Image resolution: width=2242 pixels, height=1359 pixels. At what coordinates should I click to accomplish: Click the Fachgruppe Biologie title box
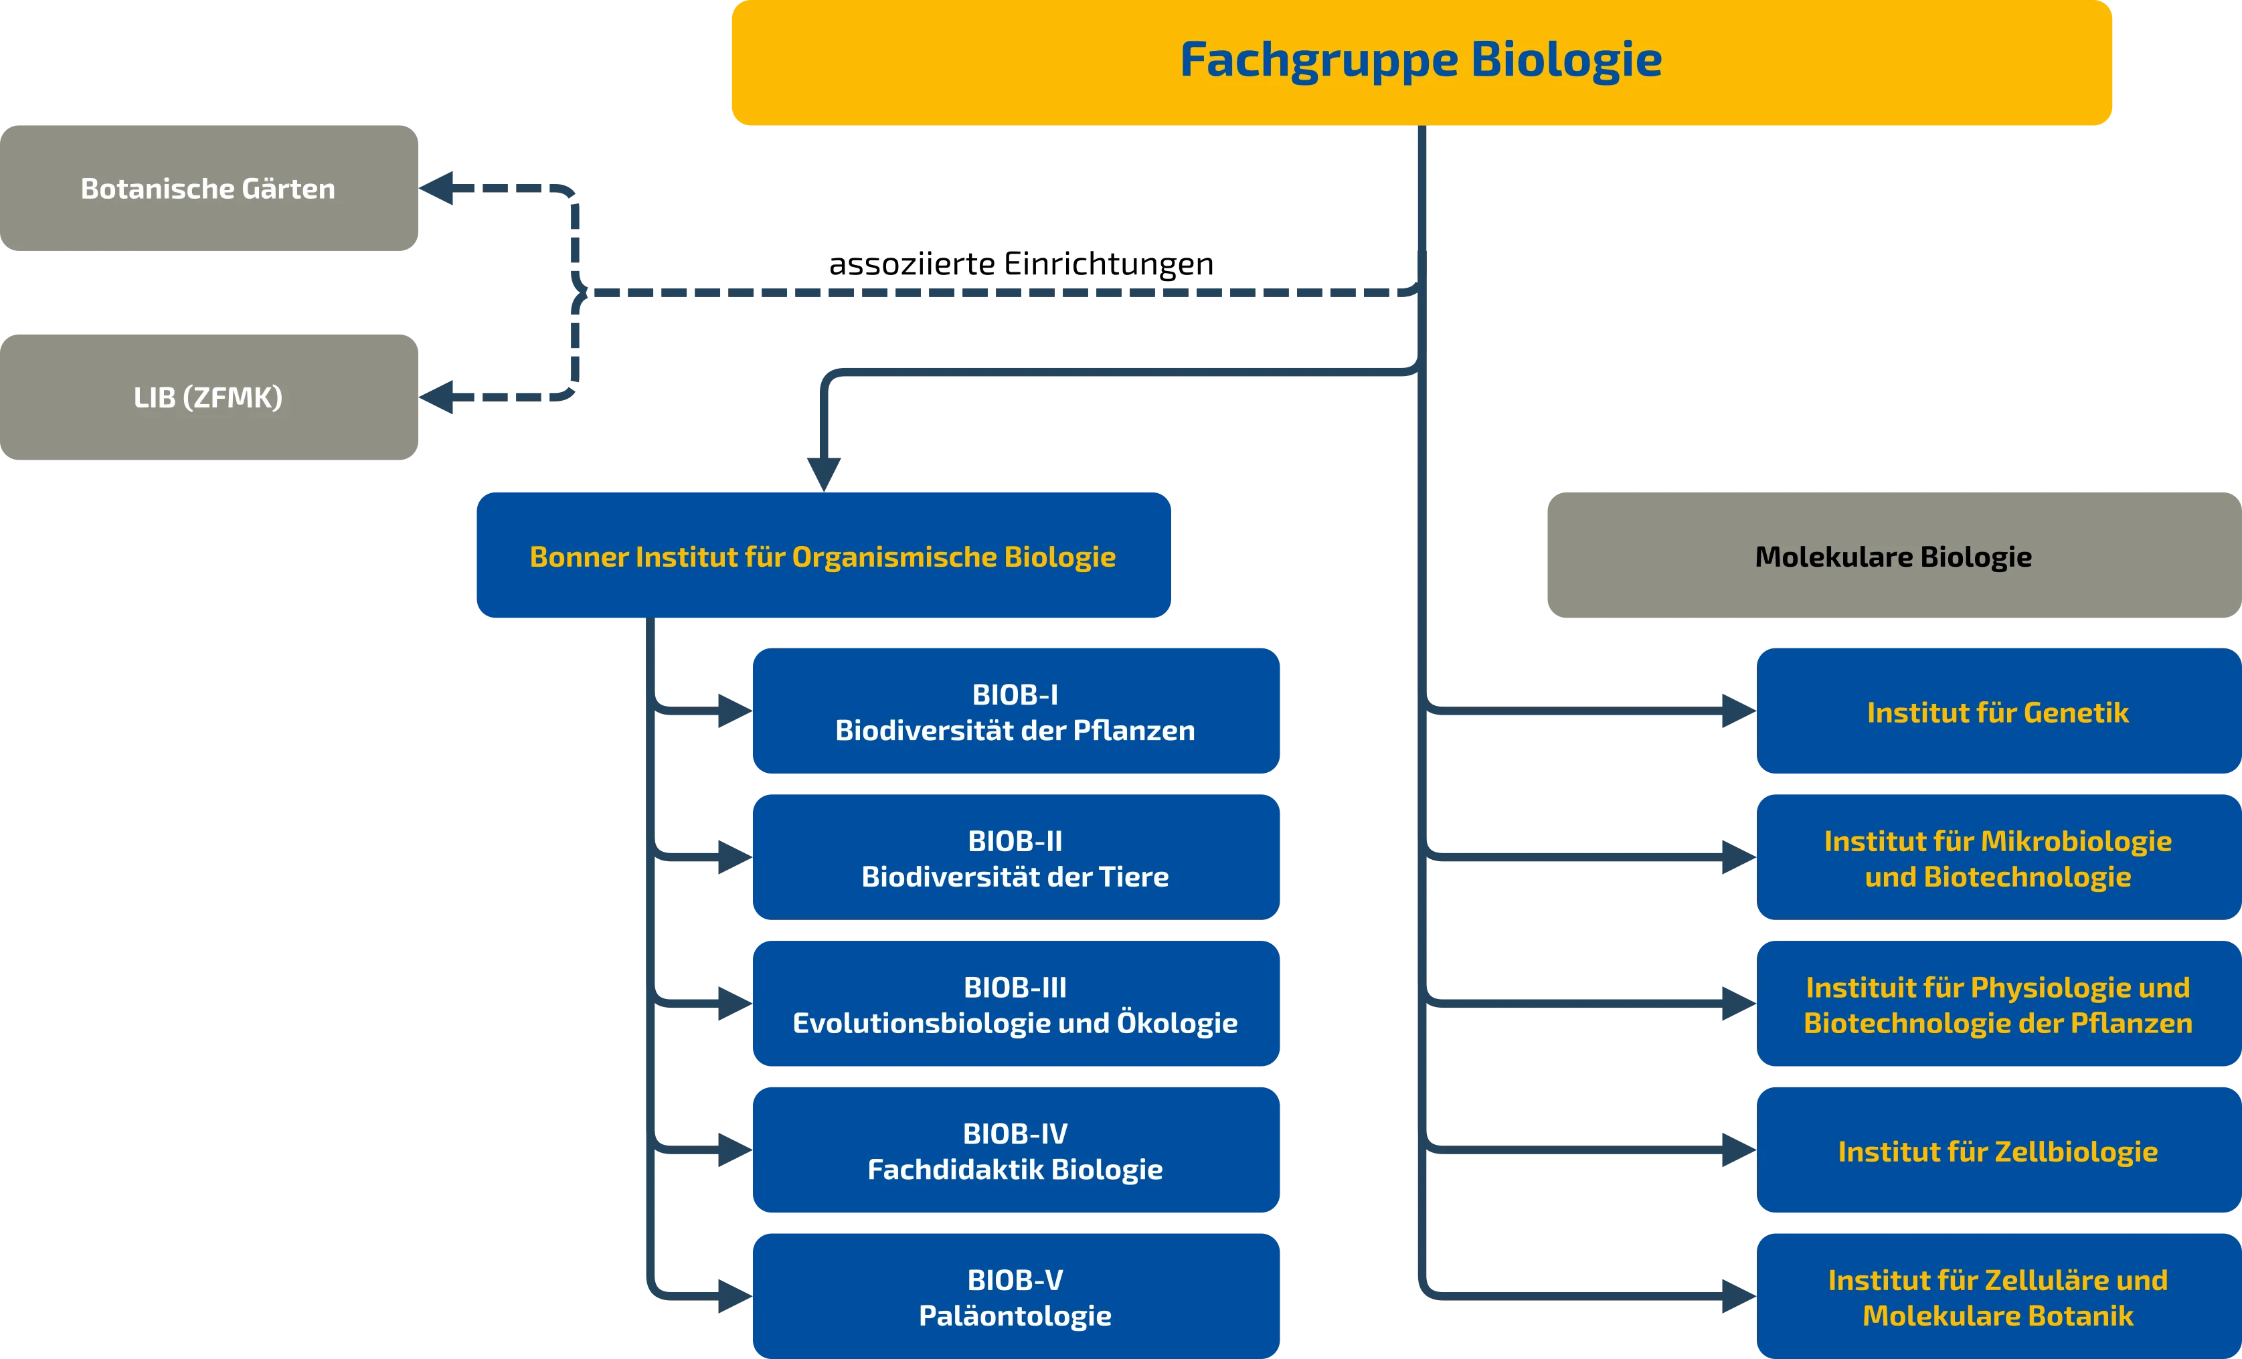click(1420, 62)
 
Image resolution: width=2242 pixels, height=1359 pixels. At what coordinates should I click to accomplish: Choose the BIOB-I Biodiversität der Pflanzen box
click(1015, 711)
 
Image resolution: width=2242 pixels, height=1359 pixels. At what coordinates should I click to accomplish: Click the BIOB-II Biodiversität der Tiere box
click(1015, 857)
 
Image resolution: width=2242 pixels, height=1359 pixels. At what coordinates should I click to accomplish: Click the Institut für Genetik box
click(1997, 711)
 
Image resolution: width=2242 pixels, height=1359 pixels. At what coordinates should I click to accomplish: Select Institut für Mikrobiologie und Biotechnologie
click(1997, 857)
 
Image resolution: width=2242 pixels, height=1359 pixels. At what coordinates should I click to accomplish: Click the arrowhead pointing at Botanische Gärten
click(440, 187)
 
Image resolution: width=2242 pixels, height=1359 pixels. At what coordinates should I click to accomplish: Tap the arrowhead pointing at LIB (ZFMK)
click(440, 397)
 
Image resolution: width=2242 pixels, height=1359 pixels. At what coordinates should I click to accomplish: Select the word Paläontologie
click(1015, 1316)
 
